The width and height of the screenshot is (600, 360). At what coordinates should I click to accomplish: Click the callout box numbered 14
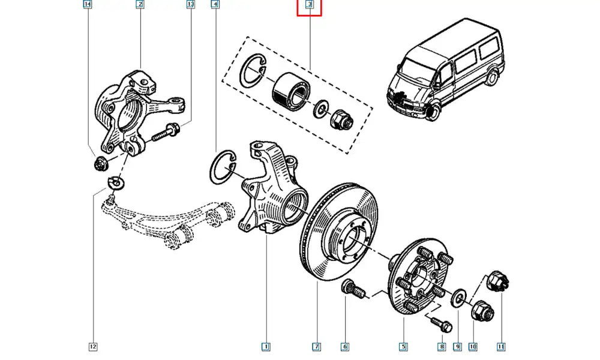pyautogui.click(x=88, y=5)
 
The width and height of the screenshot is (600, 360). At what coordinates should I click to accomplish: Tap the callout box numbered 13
pyautogui.click(x=191, y=5)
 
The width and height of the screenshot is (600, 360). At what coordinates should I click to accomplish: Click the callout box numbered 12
pyautogui.click(x=93, y=346)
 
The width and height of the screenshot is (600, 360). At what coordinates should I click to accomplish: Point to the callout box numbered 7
pyautogui.click(x=316, y=346)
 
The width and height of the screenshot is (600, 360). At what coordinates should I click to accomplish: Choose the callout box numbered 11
pyautogui.click(x=501, y=346)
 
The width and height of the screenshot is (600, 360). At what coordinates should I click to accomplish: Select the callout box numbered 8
pyautogui.click(x=441, y=346)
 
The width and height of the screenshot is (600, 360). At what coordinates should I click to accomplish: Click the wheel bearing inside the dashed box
pyautogui.click(x=287, y=92)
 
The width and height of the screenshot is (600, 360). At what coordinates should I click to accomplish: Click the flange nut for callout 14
pyautogui.click(x=101, y=162)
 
